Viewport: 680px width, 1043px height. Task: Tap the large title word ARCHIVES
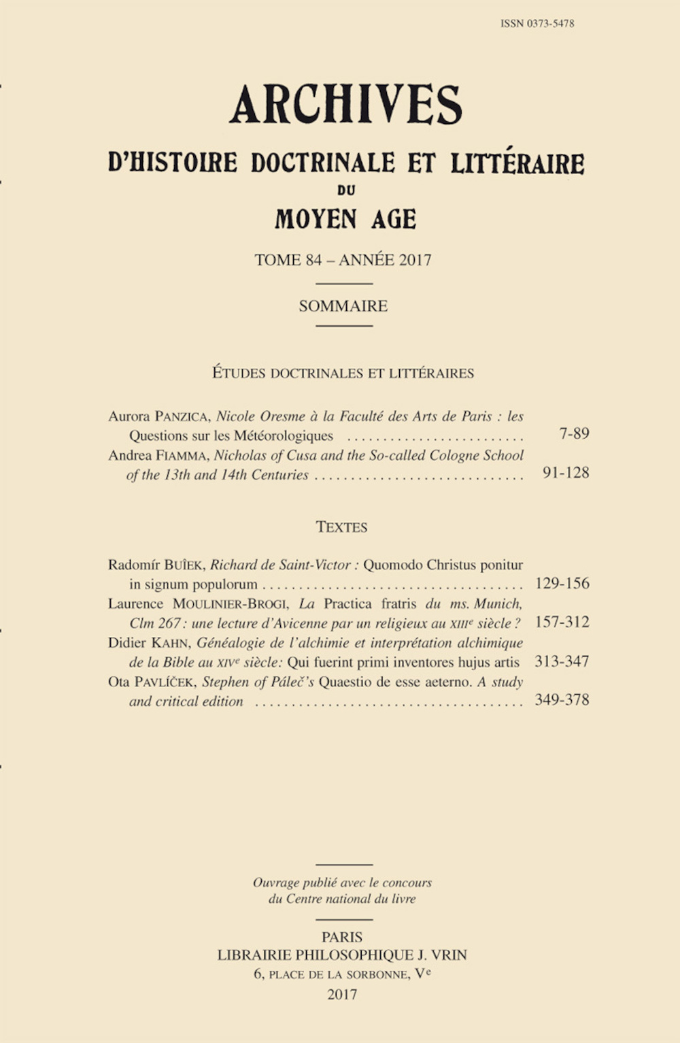click(345, 105)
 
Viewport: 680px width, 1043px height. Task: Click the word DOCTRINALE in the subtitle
click(322, 163)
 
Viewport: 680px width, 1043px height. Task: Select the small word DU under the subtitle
click(345, 191)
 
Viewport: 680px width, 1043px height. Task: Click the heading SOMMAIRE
click(343, 306)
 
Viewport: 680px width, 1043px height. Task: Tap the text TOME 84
click(288, 260)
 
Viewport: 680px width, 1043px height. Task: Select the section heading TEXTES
click(341, 527)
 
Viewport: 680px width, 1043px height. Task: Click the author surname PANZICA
click(182, 416)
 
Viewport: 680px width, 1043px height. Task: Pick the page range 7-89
click(574, 433)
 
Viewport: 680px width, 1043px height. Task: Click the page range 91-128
click(566, 473)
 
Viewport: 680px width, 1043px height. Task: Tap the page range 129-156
click(562, 583)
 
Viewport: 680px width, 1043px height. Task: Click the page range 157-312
click(562, 622)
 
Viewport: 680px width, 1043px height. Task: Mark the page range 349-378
click(562, 700)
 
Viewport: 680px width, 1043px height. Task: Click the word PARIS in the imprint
click(342, 938)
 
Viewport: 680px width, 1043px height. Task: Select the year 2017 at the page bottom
click(342, 995)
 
